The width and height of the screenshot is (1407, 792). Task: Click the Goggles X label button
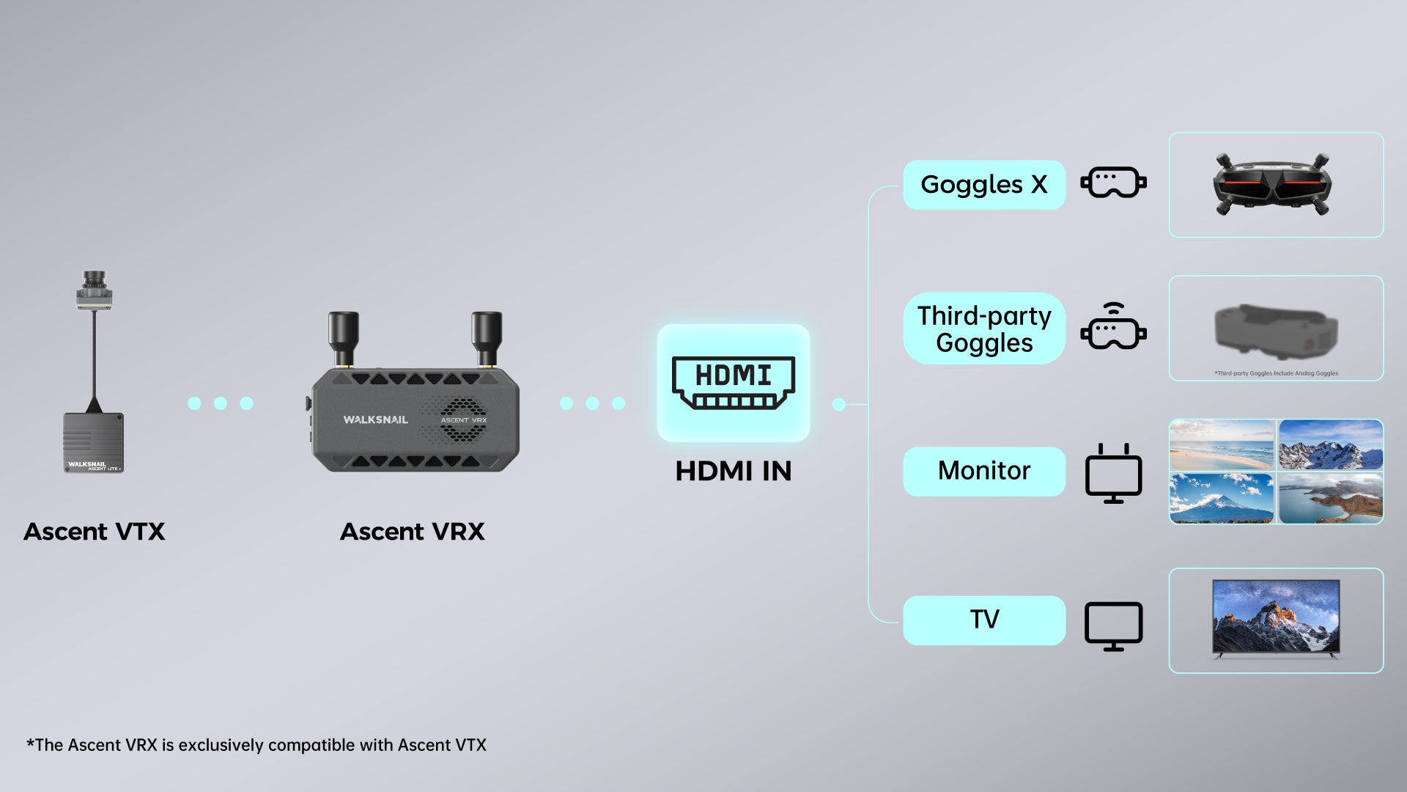tap(983, 185)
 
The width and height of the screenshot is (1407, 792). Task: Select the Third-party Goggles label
tap(983, 329)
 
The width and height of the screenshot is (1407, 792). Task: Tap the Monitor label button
tap(983, 471)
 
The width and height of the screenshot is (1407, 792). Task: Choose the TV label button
tap(983, 620)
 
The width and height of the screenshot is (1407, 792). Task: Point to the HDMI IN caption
tap(733, 471)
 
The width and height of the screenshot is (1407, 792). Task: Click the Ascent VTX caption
tap(95, 531)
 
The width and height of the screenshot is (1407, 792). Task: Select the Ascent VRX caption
tap(412, 531)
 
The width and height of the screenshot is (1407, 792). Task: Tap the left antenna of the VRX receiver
tap(342, 337)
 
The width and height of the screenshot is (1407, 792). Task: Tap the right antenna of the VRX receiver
tap(486, 337)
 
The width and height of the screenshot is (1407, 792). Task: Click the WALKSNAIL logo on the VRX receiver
tap(375, 419)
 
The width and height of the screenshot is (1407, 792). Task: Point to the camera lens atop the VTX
tap(93, 282)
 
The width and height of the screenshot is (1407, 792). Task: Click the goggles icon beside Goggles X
tap(1113, 183)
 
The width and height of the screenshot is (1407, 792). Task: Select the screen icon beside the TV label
tap(1113, 626)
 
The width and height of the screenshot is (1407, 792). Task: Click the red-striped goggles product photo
tap(1271, 184)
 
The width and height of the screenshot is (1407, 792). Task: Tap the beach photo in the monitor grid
tap(1221, 444)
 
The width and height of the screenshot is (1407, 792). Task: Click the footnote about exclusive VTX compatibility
tap(256, 745)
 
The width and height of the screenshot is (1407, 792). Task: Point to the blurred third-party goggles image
tap(1275, 330)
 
